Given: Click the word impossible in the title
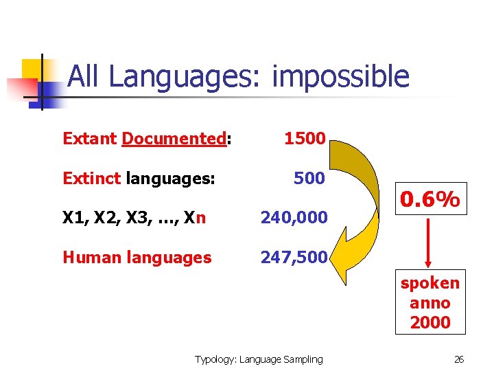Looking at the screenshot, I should (340, 77).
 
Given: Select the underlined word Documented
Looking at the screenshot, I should (174, 139).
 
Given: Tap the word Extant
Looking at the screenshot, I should (89, 139).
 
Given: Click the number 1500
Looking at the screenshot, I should (305, 138).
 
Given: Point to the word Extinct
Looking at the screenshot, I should (90, 179).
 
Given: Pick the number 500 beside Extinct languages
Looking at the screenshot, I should (309, 179).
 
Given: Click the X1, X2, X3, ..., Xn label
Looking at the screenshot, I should (134, 218).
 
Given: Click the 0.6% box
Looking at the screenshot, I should (430, 200).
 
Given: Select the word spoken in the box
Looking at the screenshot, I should (430, 283).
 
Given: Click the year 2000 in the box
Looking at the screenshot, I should (430, 322).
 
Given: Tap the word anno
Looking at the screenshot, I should (430, 302).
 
